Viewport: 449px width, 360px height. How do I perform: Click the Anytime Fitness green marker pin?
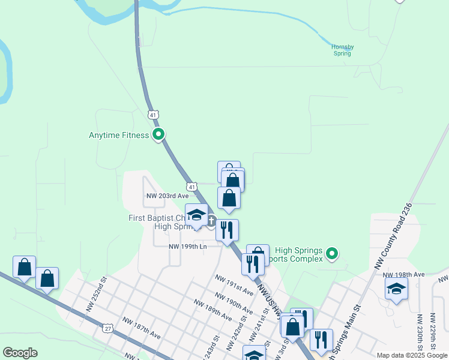pos(158,134)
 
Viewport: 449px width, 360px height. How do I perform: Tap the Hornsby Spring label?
pos(342,50)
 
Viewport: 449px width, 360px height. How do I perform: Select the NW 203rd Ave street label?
pos(167,196)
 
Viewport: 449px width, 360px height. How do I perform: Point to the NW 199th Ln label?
pos(187,246)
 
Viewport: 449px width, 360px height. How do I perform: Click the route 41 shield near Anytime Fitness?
pos(154,114)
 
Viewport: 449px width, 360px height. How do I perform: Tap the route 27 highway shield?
pos(107,328)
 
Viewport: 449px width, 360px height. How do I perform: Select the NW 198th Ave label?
pos(404,274)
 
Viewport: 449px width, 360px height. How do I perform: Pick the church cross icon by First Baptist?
pos(211,221)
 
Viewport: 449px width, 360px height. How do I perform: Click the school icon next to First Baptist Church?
pos(196,215)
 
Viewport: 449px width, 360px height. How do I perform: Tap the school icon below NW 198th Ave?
pos(396,289)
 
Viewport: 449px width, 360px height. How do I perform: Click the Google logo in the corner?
pos(20,353)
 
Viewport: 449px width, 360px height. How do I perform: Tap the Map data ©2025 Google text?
pos(412,356)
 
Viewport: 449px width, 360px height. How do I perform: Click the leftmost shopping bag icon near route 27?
pos(25,267)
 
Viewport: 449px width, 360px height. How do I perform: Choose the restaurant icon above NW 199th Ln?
pos(227,230)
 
